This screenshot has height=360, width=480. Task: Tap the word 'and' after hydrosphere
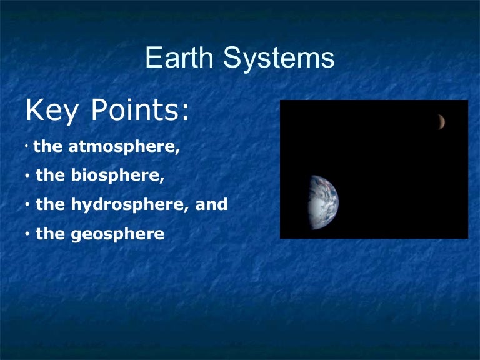[211, 204]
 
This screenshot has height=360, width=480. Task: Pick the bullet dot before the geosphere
[28, 235]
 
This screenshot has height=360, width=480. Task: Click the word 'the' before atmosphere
[47, 147]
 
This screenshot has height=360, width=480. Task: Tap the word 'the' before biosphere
[50, 176]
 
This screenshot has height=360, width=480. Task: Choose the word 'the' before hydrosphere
[50, 204]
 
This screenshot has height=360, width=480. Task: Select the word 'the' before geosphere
[50, 234]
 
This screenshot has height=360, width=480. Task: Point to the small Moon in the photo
[441, 122]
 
